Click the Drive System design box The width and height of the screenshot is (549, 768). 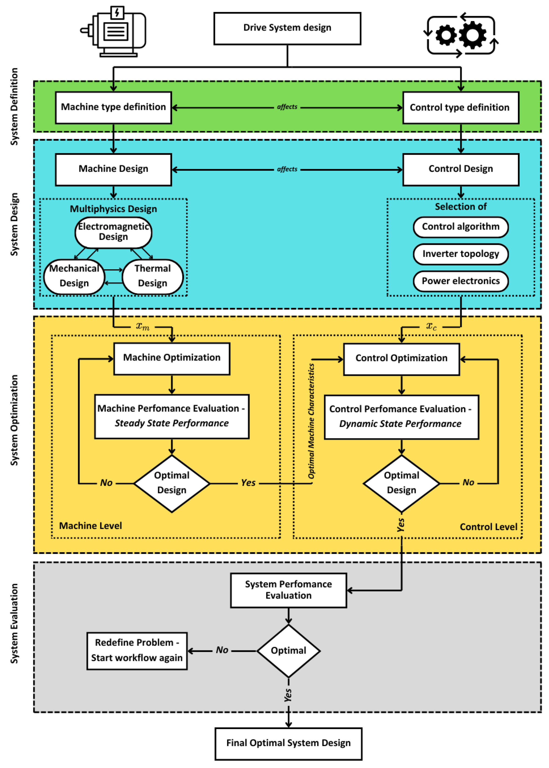pyautogui.click(x=287, y=28)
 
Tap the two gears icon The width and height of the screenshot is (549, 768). pyautogui.click(x=461, y=35)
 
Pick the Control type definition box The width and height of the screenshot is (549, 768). pyautogui.click(x=461, y=107)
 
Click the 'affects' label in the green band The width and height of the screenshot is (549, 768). pyautogui.click(x=287, y=107)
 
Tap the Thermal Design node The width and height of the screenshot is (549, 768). pyautogui.click(x=152, y=276)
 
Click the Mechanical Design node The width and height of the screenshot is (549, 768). pyautogui.click(x=74, y=276)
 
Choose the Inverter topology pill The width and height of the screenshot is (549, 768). pyautogui.click(x=461, y=254)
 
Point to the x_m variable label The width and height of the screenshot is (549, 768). pyautogui.click(x=143, y=326)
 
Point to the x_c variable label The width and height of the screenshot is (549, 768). pyautogui.click(x=431, y=326)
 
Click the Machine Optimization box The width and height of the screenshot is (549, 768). pyautogui.click(x=172, y=358)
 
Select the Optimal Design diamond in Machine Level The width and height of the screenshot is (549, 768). pyautogui.click(x=172, y=483)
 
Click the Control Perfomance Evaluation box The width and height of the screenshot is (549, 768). pyautogui.click(x=401, y=417)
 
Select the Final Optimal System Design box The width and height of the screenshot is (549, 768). pyautogui.click(x=288, y=743)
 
